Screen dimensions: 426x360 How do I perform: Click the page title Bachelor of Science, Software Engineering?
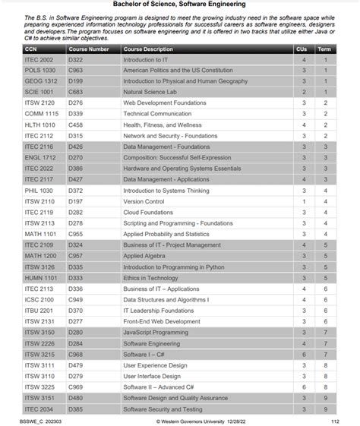180,5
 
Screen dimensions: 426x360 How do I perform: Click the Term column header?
324,49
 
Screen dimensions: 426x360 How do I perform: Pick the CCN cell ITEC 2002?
39,59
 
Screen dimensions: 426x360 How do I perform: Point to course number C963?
75,70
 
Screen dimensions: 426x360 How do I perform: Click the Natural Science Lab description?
149,92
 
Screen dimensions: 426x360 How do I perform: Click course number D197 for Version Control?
75,201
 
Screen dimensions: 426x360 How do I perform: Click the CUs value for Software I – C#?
304,355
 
